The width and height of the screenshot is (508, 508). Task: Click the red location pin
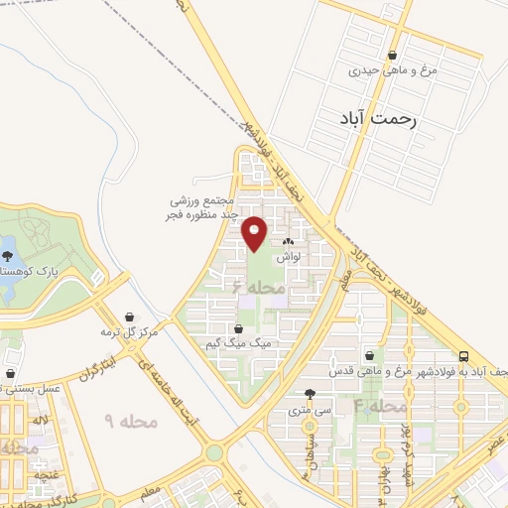[x=256, y=231]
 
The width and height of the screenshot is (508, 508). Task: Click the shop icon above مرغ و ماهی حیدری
[x=394, y=56]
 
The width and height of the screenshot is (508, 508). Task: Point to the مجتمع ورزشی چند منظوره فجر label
[x=203, y=207]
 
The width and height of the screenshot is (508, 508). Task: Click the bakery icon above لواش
[x=289, y=241]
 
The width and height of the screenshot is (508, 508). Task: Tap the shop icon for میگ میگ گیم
[x=237, y=329]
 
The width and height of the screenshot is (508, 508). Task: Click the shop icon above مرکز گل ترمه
[x=102, y=317]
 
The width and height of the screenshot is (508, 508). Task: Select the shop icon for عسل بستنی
[x=10, y=374]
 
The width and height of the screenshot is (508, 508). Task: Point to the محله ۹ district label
[x=131, y=422]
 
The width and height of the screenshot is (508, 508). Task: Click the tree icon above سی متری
[x=311, y=393]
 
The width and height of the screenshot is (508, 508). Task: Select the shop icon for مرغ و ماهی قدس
[x=370, y=355]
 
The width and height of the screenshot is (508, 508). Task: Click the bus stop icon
[x=464, y=355]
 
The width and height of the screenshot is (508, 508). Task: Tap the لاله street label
[x=40, y=422]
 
